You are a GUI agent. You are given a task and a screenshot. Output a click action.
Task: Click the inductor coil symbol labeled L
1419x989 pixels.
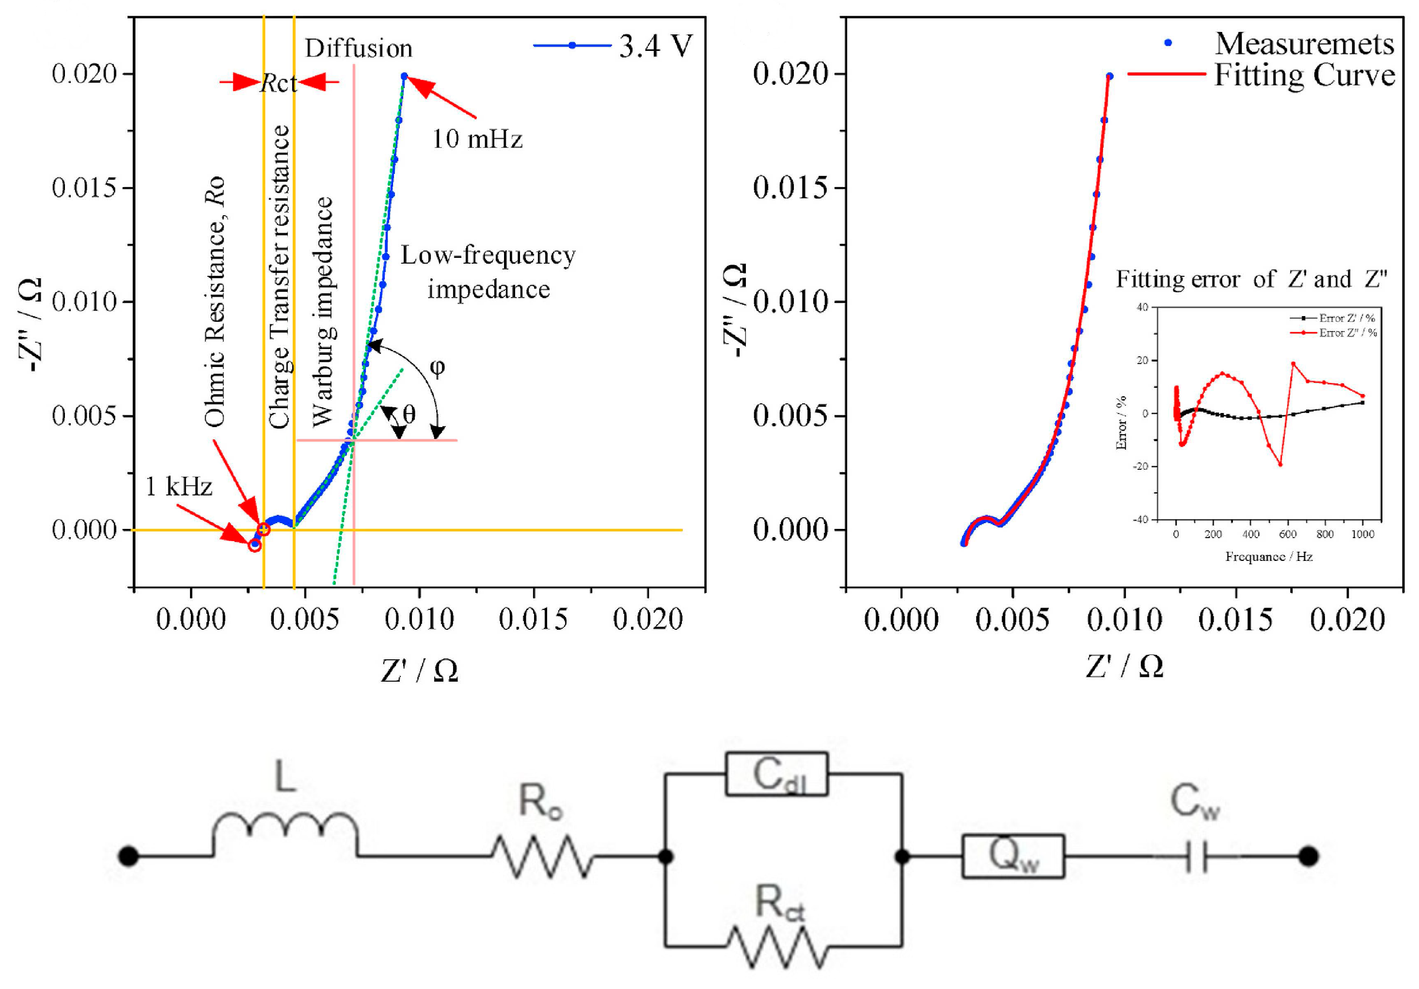[285, 831]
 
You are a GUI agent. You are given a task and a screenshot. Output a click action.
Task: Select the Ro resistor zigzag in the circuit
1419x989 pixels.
[542, 856]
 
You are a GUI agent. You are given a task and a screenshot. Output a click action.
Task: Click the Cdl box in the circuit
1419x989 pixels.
[776, 773]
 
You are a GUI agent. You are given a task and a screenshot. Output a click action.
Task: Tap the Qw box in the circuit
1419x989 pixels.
[1013, 856]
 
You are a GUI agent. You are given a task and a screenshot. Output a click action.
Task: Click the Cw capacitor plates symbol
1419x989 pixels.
[1197, 857]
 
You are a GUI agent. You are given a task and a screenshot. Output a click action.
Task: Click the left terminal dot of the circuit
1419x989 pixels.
[128, 856]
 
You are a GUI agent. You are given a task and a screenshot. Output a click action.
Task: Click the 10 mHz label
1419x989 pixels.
[476, 139]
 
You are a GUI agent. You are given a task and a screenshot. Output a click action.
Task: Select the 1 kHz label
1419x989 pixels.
[179, 487]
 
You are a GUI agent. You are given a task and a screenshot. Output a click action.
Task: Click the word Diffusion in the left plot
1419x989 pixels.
[359, 48]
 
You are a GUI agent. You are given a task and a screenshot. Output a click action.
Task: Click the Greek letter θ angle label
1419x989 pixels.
[409, 414]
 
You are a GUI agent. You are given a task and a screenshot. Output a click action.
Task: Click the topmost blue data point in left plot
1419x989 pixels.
[404, 76]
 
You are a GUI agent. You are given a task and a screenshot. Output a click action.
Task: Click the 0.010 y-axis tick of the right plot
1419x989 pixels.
[790, 302]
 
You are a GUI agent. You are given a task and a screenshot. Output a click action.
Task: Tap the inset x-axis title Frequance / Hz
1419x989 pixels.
[1269, 557]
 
